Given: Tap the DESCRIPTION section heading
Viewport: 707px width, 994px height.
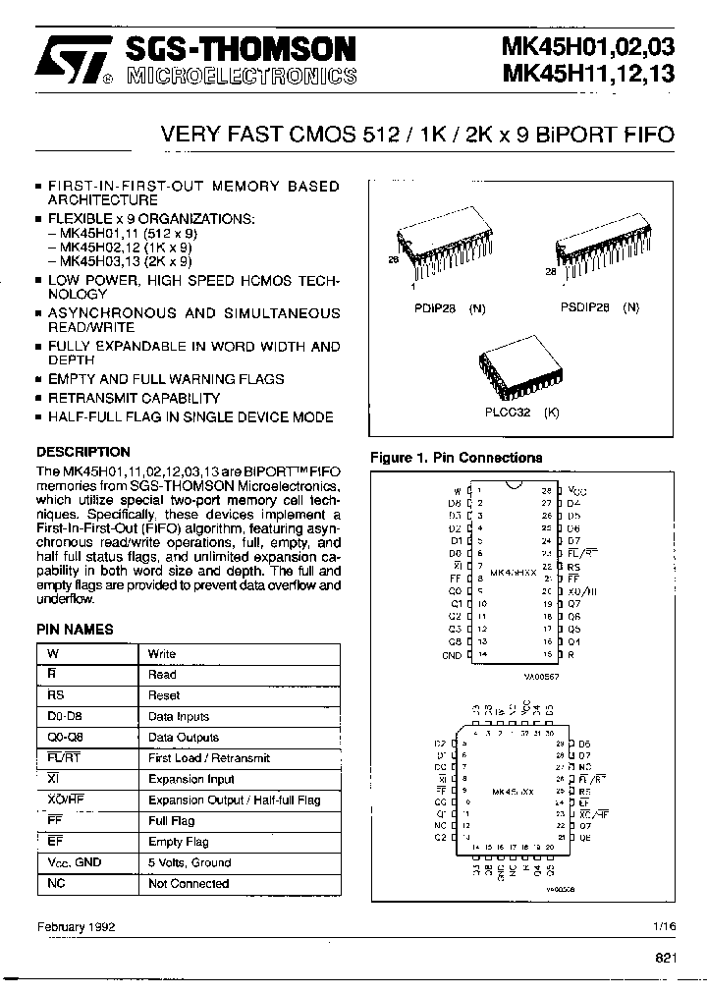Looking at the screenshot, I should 82,452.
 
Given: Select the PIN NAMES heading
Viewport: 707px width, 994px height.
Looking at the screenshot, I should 75,630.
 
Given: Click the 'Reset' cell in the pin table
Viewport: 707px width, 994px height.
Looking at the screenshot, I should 163,695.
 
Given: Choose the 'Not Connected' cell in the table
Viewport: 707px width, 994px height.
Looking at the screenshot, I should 188,884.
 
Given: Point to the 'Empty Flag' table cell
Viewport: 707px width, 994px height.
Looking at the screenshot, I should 178,842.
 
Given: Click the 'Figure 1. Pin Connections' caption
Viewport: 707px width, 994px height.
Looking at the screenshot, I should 456,458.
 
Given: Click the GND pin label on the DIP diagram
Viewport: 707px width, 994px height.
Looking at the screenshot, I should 451,654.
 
